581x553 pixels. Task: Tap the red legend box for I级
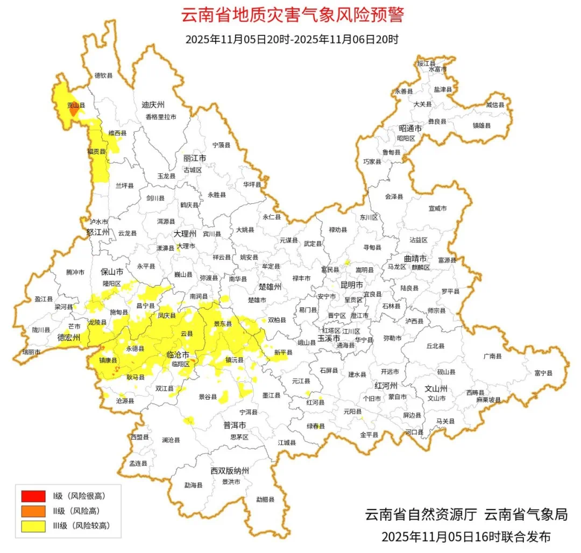click(x=33, y=495)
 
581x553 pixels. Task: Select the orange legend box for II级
click(x=33, y=511)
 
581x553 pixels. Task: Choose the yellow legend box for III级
click(x=33, y=526)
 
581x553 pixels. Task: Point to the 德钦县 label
click(x=103, y=75)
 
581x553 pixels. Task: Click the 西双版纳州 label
click(x=230, y=471)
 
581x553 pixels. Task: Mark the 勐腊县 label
click(x=265, y=499)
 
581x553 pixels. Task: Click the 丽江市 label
click(x=195, y=159)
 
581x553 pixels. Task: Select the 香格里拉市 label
click(x=160, y=117)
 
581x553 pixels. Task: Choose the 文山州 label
click(x=436, y=387)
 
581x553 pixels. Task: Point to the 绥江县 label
click(x=427, y=63)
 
